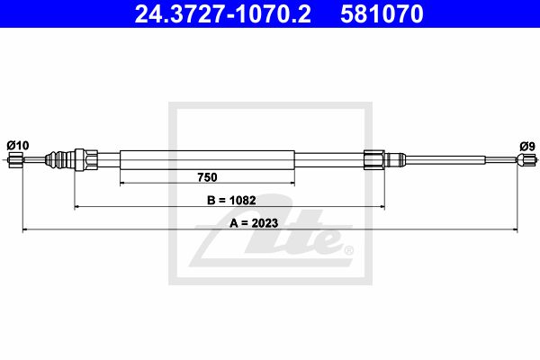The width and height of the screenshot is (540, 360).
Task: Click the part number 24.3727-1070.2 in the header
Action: click(x=222, y=13)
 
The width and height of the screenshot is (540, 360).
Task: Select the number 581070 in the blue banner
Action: click(x=382, y=13)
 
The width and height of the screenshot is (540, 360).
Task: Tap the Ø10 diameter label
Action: click(x=18, y=146)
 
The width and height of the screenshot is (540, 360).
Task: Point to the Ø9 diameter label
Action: click(x=527, y=147)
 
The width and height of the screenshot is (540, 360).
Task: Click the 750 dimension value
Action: click(x=207, y=177)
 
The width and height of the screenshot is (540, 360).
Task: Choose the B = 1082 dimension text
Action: click(x=231, y=200)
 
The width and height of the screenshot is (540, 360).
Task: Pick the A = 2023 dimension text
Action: click(x=254, y=223)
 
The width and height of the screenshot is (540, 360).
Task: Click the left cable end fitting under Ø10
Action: click(x=14, y=160)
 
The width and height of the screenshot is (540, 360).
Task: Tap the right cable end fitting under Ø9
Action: click(x=526, y=160)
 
